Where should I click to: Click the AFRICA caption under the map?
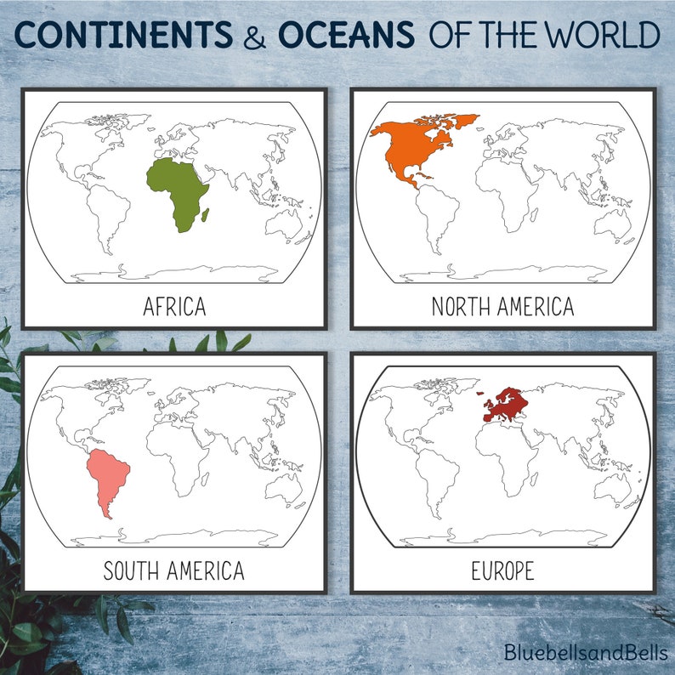coord(173,307)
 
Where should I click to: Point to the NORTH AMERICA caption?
coord(502,307)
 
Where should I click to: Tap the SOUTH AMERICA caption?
coord(173,570)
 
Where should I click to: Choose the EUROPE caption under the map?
coord(502,570)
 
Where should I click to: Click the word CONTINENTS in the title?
coord(123,36)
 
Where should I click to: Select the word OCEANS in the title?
coord(346,36)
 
